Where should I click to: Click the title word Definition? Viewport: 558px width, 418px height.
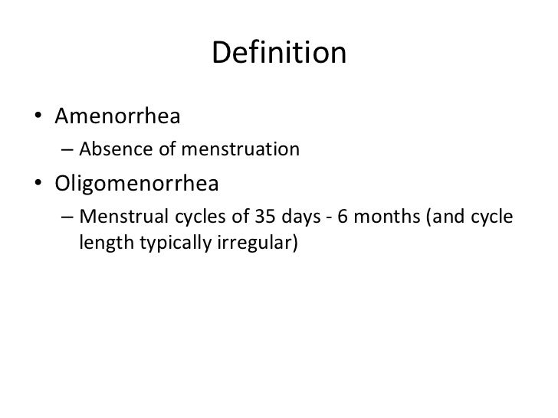click(278, 54)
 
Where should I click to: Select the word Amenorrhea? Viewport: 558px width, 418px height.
click(117, 119)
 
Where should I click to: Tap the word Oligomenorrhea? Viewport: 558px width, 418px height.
click(136, 185)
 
